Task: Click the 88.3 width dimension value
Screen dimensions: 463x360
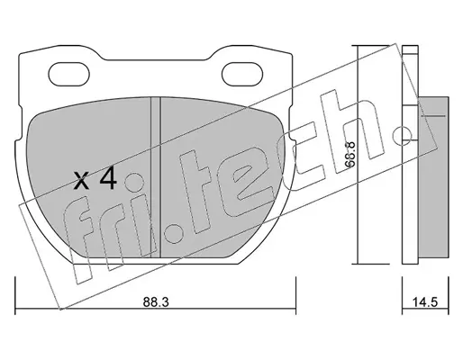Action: [x=156, y=302]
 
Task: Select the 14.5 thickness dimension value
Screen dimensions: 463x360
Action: [x=424, y=302]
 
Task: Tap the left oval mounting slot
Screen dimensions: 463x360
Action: [x=69, y=74]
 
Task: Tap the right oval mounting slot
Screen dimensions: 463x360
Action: [x=242, y=74]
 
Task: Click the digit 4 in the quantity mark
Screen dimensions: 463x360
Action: [x=109, y=178]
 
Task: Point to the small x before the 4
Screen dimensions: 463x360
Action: [x=81, y=182]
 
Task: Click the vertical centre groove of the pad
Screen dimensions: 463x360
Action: [x=156, y=177]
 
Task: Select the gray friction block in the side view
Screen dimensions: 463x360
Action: [x=433, y=177]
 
